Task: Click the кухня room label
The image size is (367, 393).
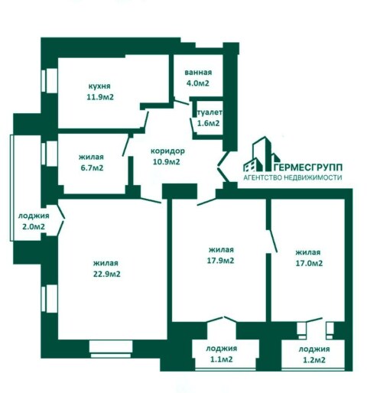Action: [x=99, y=86]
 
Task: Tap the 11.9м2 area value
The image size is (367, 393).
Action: [x=100, y=97]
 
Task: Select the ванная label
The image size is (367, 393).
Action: [x=198, y=73]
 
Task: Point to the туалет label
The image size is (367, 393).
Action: [x=209, y=112]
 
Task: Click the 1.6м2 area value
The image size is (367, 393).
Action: [x=208, y=123]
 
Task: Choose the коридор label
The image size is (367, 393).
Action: [x=167, y=151]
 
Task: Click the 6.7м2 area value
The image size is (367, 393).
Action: [x=92, y=168]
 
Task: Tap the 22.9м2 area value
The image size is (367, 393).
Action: [x=107, y=274]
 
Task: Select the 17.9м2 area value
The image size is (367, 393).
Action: [x=221, y=261]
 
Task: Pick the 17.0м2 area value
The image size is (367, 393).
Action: [x=309, y=263]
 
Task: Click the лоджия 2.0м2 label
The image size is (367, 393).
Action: [x=34, y=221]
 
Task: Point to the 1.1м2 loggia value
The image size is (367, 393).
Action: [x=221, y=359]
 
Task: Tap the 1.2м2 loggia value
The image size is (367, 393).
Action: [x=314, y=359]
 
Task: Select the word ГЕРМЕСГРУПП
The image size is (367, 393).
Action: [x=308, y=167]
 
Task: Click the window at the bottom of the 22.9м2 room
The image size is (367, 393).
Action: [x=111, y=349]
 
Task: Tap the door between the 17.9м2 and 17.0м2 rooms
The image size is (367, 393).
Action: [x=271, y=240]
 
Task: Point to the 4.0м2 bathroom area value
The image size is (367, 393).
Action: [x=198, y=83]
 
